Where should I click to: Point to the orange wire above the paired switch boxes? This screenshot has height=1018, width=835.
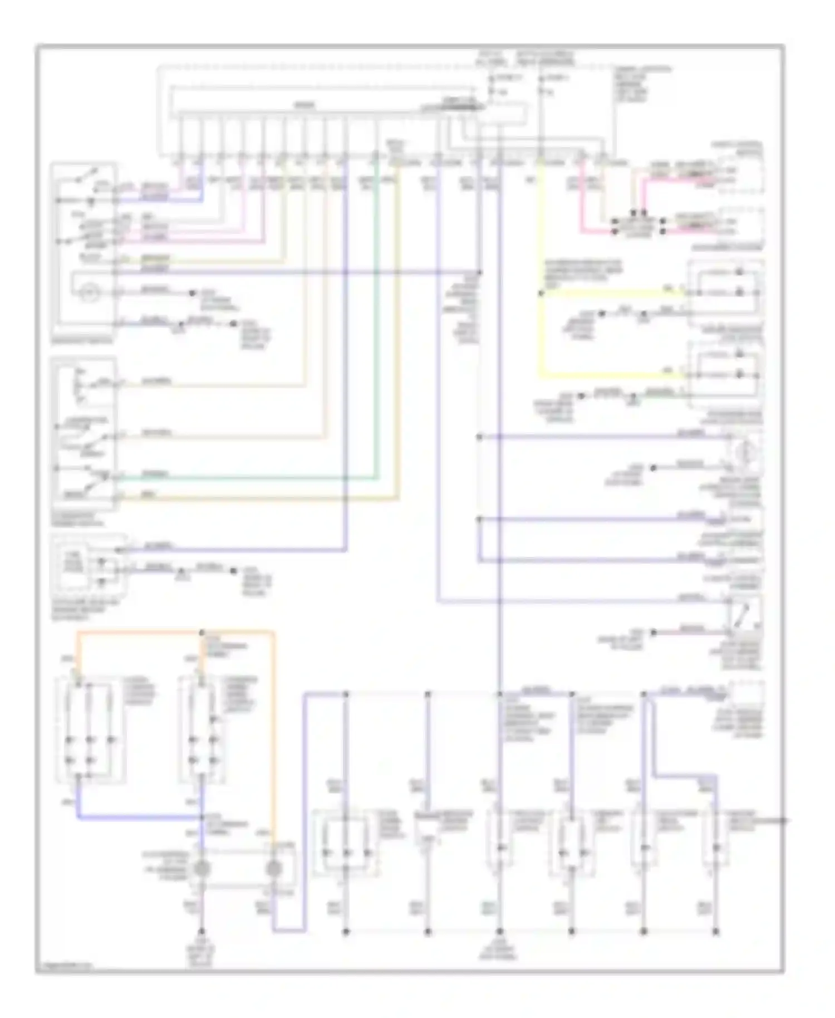[x=139, y=632]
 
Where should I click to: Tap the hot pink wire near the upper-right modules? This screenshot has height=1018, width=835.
[x=582, y=212]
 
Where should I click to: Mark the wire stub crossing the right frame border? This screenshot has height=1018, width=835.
[x=782, y=820]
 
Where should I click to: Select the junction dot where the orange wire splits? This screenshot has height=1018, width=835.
[x=202, y=633]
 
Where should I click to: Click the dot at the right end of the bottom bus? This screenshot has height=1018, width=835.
[x=716, y=931]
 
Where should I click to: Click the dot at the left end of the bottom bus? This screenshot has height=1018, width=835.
[x=346, y=931]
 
